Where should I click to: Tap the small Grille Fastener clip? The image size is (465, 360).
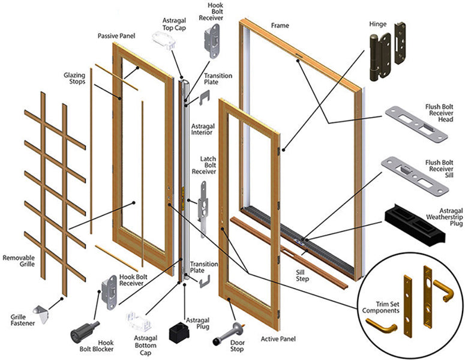43,310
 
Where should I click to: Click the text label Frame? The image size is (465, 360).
280,26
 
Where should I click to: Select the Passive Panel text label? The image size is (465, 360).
116,36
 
